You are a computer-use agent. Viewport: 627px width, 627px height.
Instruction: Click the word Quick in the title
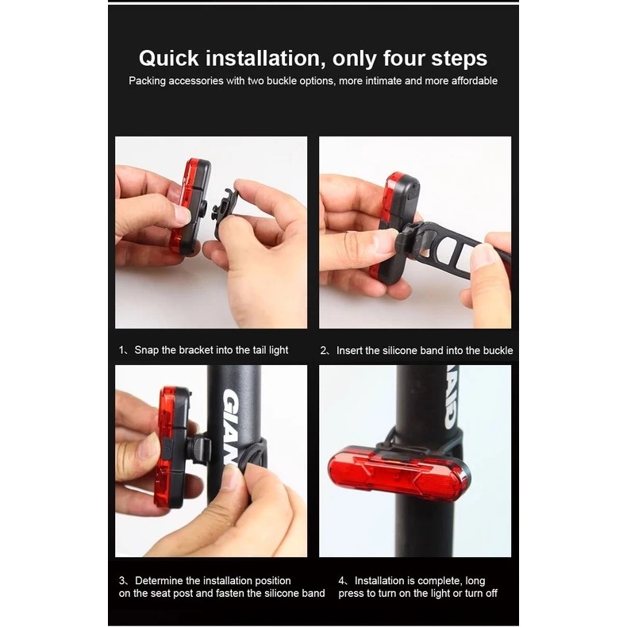169,59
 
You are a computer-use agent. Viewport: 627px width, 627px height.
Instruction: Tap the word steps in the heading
459,59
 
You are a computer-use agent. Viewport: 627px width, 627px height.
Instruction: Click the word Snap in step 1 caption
146,350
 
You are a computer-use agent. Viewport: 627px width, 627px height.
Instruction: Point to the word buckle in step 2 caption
498,350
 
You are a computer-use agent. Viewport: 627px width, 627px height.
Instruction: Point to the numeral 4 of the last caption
341,581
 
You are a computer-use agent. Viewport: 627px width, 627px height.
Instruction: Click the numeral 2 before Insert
323,351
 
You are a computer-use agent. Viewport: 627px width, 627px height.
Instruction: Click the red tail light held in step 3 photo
172,447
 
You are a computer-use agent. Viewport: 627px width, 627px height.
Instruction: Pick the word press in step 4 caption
350,594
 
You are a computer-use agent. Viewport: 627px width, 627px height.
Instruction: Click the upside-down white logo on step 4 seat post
451,397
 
